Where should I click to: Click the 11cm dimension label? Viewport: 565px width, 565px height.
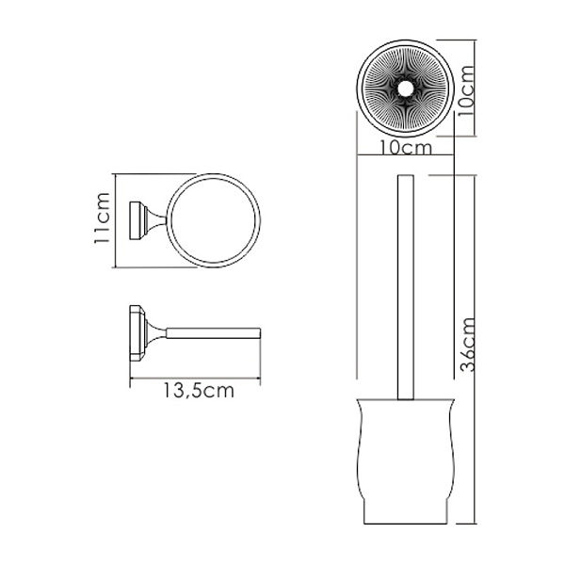105,220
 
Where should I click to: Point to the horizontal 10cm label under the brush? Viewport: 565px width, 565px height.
407,149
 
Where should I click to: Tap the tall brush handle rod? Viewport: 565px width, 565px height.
407,282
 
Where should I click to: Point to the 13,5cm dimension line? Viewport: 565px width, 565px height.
195,379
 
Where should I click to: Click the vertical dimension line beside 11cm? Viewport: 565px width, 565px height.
113,220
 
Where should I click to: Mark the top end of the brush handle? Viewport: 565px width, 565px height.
407,177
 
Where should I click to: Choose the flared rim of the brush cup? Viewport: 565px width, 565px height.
406,401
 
